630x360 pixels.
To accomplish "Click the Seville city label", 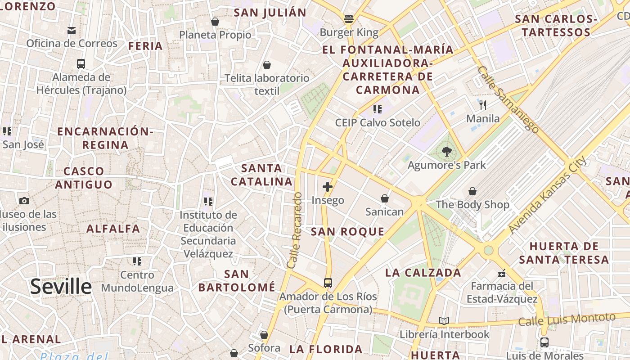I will point(61,287).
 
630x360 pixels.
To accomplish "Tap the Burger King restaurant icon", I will point(349,19).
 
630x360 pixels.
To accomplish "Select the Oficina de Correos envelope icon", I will point(72,31).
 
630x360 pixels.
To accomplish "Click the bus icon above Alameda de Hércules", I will point(81,64).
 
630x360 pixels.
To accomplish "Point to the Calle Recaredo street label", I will point(293,231).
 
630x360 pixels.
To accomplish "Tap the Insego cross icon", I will point(328,187).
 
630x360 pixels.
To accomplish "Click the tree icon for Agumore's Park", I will point(446,152).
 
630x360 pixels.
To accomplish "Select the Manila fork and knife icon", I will point(483,105).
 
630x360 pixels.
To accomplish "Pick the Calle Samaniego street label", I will point(508,100).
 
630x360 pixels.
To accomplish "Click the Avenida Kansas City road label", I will point(547,194).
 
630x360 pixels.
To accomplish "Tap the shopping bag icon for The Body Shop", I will point(472,192).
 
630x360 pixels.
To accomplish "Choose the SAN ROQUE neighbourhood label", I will point(348,232).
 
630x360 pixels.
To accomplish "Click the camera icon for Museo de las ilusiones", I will point(24,201).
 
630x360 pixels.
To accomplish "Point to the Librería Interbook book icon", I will point(444,321).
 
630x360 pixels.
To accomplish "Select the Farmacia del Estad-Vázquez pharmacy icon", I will point(502,273).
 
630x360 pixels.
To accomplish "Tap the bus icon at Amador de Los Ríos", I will point(328,283).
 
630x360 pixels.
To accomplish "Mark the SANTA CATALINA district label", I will point(261,175).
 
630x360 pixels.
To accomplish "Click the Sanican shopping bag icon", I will point(385,198).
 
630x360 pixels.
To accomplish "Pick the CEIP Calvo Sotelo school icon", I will point(378,109).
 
